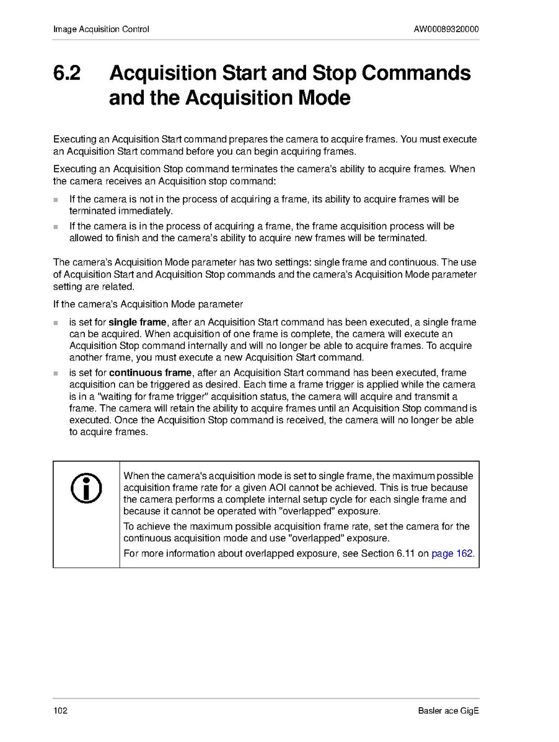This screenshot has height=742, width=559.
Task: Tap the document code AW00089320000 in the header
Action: (446, 29)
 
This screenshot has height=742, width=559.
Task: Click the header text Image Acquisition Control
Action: (101, 29)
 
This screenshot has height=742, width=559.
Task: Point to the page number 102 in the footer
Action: (60, 710)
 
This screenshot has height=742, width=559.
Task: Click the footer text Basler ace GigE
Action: (449, 710)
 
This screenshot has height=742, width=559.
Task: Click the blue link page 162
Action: (452, 554)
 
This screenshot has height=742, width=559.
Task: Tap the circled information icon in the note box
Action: (86, 488)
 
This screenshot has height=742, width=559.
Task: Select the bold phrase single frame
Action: (138, 322)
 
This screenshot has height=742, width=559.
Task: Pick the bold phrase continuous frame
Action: (150, 373)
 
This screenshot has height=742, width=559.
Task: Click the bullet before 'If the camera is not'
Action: (56, 200)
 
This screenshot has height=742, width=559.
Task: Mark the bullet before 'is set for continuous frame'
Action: (56, 374)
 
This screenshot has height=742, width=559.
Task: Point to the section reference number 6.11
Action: (406, 554)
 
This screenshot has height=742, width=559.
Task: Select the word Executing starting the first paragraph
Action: (73, 139)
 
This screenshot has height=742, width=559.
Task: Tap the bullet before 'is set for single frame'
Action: (56, 324)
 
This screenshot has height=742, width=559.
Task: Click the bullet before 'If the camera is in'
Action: (56, 227)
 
